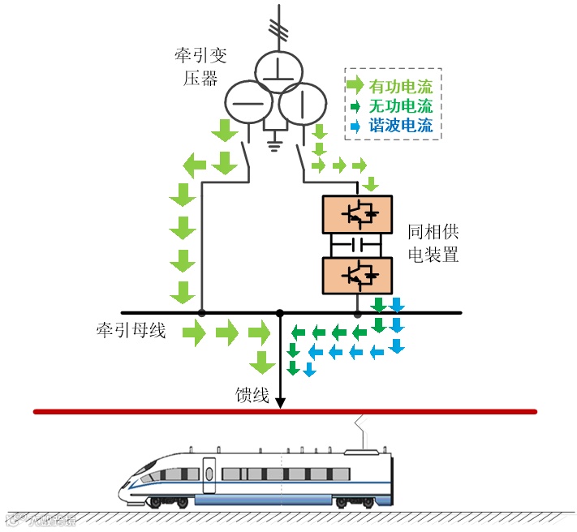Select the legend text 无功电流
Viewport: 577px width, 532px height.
click(400, 106)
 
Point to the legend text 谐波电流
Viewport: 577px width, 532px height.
click(400, 126)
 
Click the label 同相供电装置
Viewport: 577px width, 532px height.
click(433, 243)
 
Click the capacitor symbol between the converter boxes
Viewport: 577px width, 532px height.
click(356, 244)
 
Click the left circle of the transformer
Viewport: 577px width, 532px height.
click(247, 101)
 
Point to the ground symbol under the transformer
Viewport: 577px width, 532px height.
click(274, 145)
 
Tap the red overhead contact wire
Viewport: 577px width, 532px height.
click(284, 412)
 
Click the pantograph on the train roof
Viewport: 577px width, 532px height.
click(362, 434)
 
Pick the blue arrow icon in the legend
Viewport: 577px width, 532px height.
click(355, 126)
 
